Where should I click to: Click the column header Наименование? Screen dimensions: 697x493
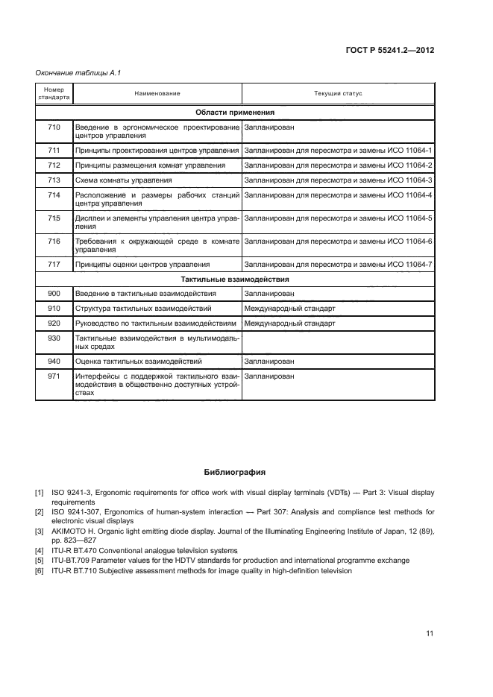pos(157,94)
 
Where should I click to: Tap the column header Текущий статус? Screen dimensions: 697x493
pos(338,94)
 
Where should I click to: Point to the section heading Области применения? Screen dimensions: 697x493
pos(235,113)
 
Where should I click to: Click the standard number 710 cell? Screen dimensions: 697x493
pos(54,127)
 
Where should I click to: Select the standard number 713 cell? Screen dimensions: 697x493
pos(54,180)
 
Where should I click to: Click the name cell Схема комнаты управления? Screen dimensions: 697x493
pos(124,180)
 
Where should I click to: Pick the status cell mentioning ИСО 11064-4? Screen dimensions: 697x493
pos(338,195)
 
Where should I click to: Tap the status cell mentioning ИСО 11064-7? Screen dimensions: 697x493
pos(338,264)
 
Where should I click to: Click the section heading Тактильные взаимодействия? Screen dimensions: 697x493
pos(235,279)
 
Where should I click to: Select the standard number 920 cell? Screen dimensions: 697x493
pos(54,324)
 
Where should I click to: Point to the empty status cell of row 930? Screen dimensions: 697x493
pos(338,342)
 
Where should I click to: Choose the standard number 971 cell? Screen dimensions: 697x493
pos(54,376)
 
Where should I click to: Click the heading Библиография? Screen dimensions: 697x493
pos(235,473)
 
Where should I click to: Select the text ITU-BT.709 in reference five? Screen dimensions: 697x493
pos(72,560)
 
